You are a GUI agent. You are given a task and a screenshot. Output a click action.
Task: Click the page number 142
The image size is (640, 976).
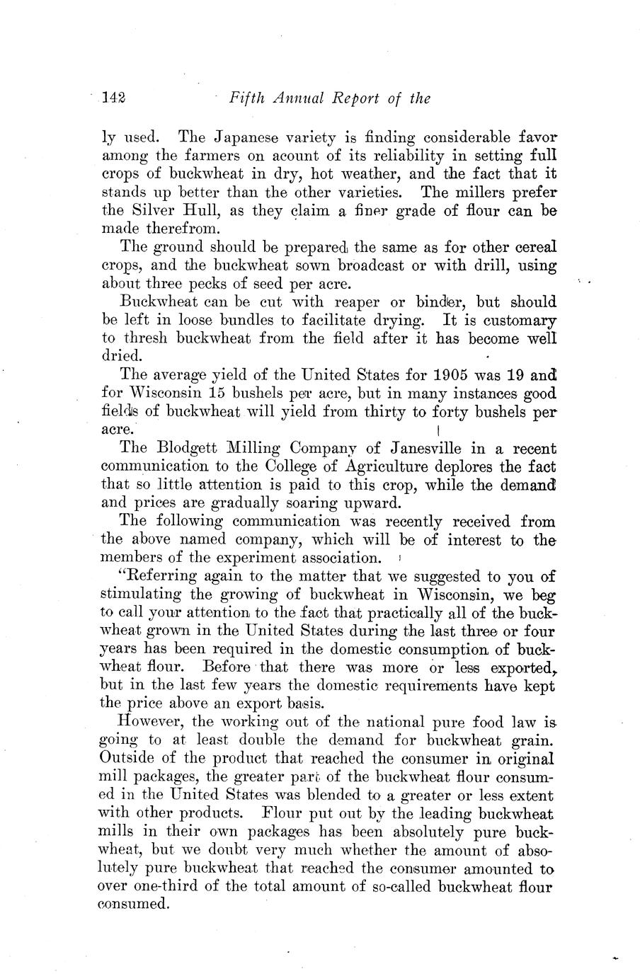click(113, 98)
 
